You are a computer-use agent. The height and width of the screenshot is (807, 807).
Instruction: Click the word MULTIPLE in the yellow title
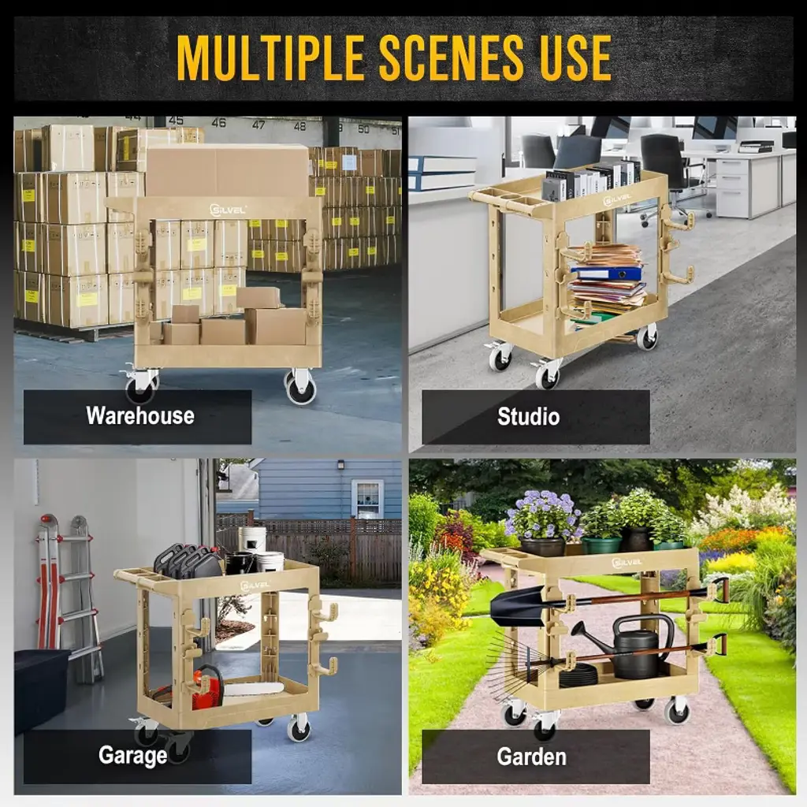[x=271, y=58]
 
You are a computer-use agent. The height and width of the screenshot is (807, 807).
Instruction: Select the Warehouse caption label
[x=140, y=415]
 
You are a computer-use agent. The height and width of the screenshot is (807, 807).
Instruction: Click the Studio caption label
[x=528, y=416]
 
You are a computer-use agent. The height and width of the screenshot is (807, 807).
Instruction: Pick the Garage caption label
[x=132, y=756]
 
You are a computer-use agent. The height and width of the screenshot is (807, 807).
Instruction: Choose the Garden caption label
[x=532, y=757]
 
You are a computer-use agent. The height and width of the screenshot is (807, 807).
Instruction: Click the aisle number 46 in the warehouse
[x=219, y=122]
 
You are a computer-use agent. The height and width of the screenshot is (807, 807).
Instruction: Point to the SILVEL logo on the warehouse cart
[x=228, y=210]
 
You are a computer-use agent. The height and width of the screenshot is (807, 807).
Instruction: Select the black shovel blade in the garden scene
[x=517, y=606]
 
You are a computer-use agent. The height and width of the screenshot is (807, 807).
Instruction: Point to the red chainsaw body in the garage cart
[x=207, y=687]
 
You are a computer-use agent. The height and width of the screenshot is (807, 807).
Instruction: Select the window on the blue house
[x=367, y=498]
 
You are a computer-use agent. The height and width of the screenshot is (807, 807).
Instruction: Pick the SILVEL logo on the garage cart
[x=255, y=586]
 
